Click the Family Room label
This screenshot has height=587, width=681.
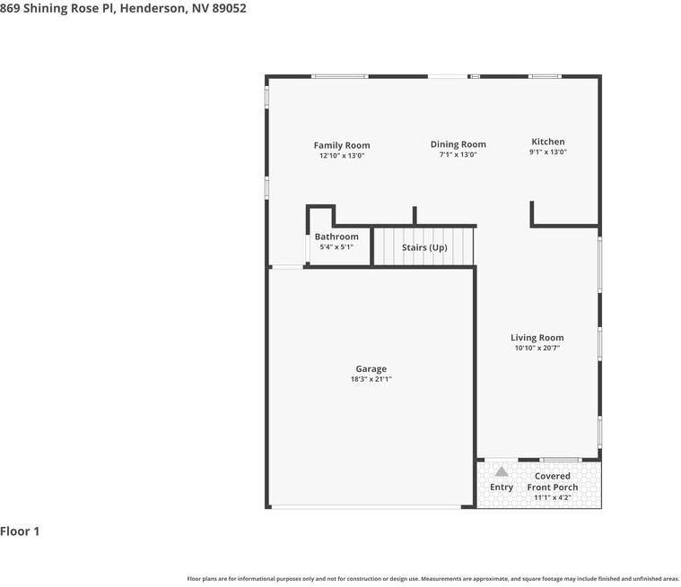342,145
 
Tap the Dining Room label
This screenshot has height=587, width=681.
458,144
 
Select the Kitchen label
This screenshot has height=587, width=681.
548,142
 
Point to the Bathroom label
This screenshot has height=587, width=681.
336,237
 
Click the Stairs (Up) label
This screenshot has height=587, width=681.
424,247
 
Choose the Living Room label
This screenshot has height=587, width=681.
537,338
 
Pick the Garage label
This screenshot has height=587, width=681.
371,369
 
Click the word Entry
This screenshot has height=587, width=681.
502,488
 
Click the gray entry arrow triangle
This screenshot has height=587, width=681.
502,471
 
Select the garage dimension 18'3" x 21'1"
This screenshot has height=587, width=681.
371,379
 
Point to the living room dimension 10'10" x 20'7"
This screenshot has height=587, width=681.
537,348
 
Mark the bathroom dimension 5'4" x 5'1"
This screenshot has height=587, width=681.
336,246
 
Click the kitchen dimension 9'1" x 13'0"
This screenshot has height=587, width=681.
548,152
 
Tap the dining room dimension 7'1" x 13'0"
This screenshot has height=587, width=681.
458,154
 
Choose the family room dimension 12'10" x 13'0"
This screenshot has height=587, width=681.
342,155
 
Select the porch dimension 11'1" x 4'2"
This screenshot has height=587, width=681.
553,497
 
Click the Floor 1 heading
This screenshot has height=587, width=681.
20,531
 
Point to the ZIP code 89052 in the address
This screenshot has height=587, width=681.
228,8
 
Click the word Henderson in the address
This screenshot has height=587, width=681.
152,8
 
